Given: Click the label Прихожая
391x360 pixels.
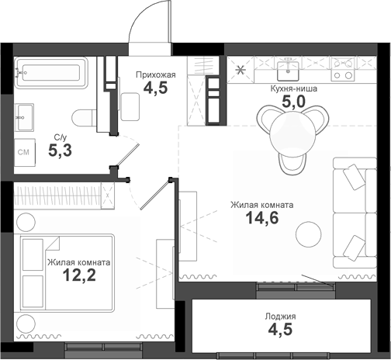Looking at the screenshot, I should [155, 74].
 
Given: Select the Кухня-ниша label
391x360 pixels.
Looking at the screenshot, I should [288, 88].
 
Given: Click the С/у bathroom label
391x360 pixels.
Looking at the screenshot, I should [59, 137].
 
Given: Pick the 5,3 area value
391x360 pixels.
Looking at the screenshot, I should [61, 151].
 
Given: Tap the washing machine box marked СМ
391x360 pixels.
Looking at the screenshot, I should [24, 152].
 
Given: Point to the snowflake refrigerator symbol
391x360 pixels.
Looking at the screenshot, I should [240, 70].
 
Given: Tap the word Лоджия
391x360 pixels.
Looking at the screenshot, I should [280, 317].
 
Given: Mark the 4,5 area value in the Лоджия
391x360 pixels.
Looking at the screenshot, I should [280, 331].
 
